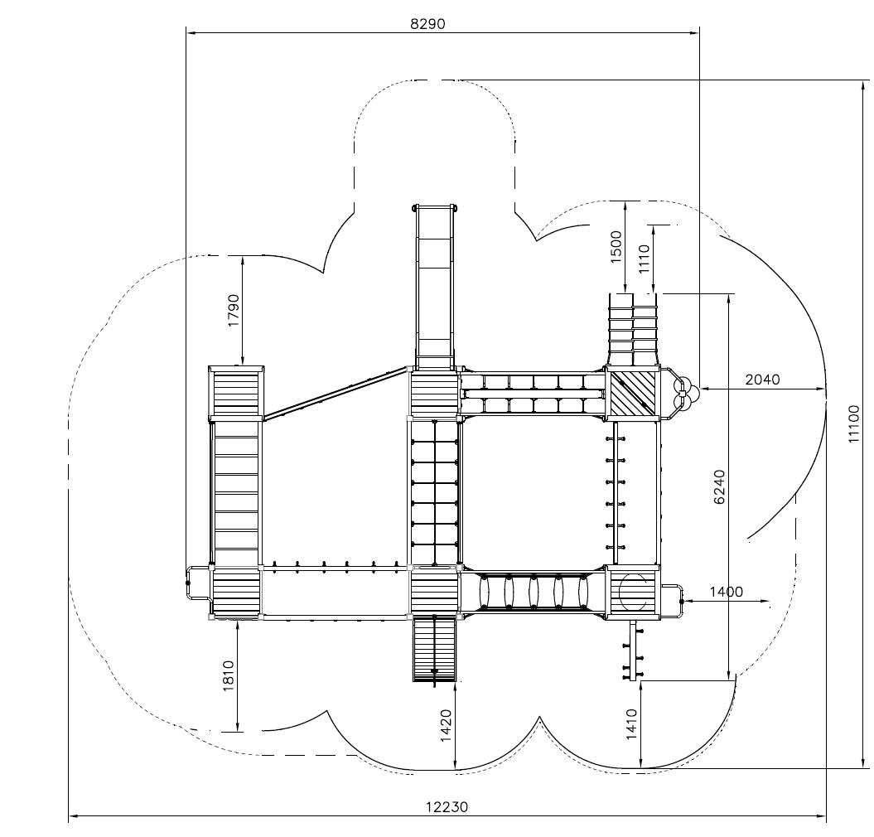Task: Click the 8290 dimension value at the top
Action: (427, 24)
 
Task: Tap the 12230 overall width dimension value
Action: (447, 807)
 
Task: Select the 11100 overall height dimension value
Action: (854, 424)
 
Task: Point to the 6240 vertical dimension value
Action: (720, 486)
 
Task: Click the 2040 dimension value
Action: (762, 380)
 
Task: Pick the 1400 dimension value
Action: (727, 592)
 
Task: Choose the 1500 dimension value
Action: (616, 246)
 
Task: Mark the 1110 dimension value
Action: (645, 259)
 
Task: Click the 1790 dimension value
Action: (234, 310)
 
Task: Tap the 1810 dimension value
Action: (229, 676)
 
